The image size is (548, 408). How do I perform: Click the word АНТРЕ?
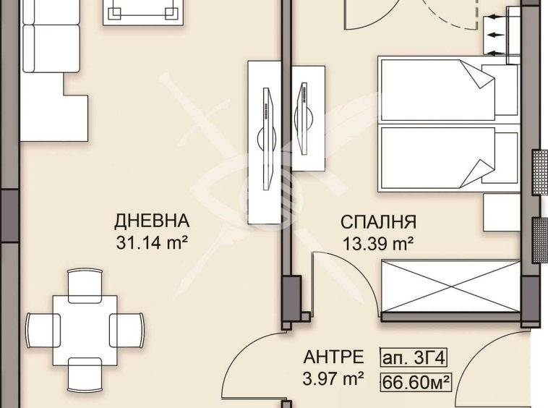[333, 357]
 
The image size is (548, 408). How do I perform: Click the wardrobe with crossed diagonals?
[450, 286]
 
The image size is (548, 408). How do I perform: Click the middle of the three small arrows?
[496, 34]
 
